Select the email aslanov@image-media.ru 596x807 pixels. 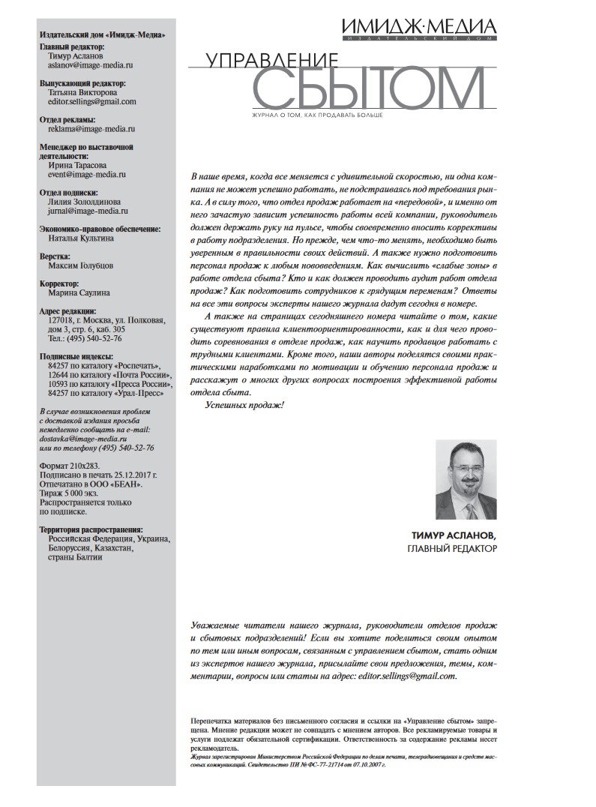tap(80, 65)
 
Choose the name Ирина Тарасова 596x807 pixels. tap(76, 165)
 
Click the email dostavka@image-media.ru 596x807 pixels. tap(82, 438)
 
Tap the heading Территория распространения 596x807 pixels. tap(91, 529)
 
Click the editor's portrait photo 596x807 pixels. tap(466, 479)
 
